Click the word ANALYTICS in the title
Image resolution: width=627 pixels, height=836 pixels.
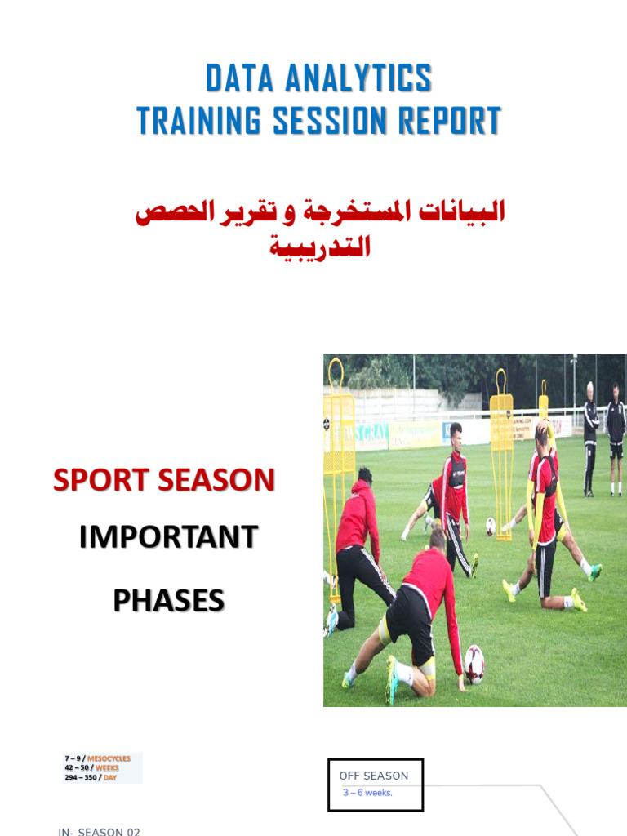point(359,79)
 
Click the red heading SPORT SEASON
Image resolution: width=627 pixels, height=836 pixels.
point(164,480)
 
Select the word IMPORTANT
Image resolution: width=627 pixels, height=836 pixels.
point(168,537)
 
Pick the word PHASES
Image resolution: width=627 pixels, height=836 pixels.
point(168,600)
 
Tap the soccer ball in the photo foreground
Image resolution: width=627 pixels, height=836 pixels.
point(474,663)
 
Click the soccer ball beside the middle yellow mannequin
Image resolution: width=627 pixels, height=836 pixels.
point(491,527)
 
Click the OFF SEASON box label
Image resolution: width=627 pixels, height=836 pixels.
point(374,776)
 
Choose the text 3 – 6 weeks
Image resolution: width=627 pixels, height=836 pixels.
point(367,793)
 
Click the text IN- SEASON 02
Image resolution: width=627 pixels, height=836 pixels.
point(100,831)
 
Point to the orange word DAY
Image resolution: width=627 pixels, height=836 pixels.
point(109,777)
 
